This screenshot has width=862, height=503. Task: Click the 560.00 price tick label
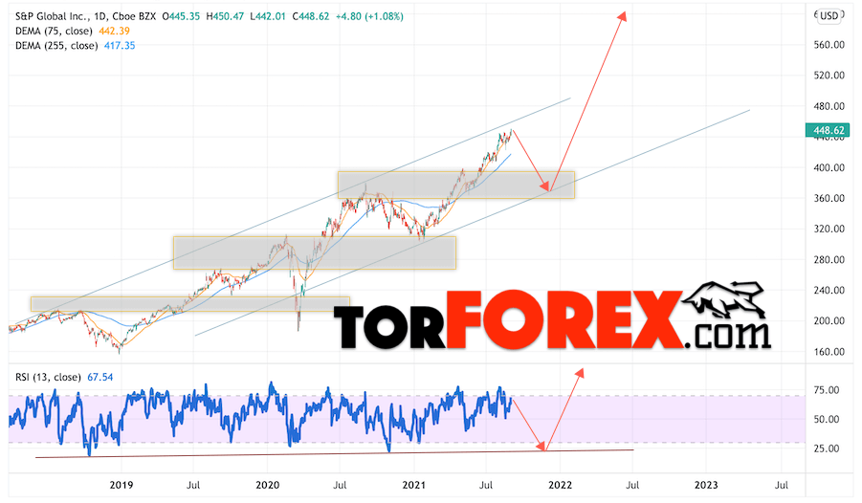[828, 44]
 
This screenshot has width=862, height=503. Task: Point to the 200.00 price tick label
[828, 320]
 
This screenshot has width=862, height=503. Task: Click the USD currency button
[829, 15]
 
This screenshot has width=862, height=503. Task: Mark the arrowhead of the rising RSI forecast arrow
[580, 370]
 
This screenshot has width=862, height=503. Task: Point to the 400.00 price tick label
[828, 167]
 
